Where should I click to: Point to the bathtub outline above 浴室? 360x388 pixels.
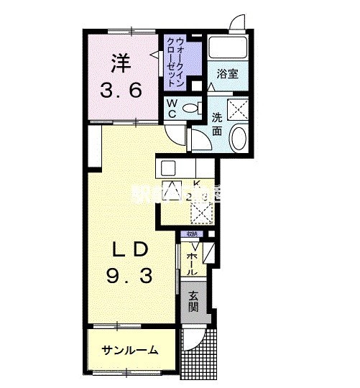(229, 48)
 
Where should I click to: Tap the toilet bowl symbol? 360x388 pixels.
(191, 108)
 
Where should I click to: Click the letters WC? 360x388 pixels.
(172, 108)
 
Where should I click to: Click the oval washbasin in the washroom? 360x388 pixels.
(240, 137)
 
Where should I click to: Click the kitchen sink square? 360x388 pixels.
(168, 168)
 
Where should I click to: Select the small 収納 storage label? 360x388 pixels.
(192, 234)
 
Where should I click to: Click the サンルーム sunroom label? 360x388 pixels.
(130, 350)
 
